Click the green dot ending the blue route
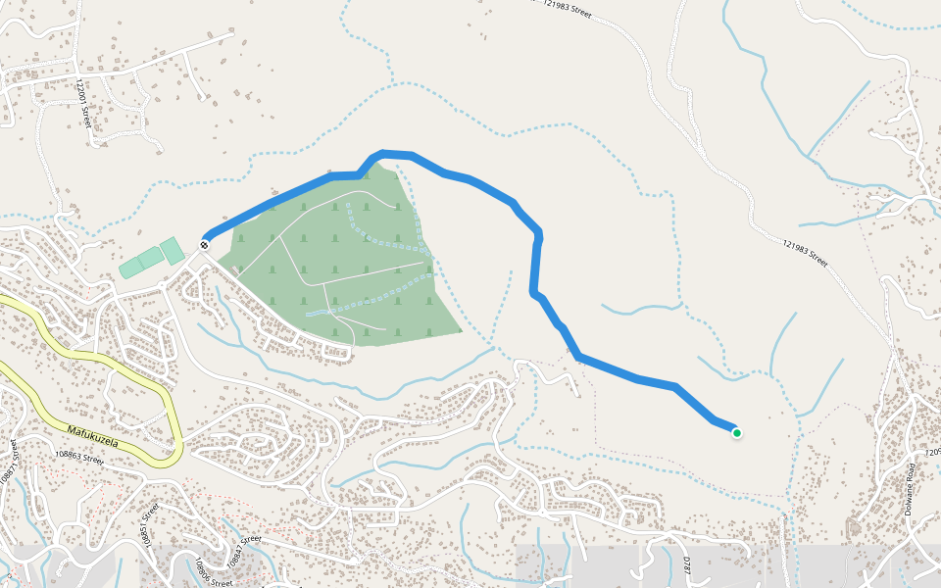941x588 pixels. [x=736, y=432]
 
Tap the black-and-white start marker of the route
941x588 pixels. [x=205, y=244]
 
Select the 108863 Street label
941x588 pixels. [x=80, y=457]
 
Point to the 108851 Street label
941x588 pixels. [x=150, y=522]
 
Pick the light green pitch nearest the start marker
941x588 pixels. [x=172, y=251]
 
